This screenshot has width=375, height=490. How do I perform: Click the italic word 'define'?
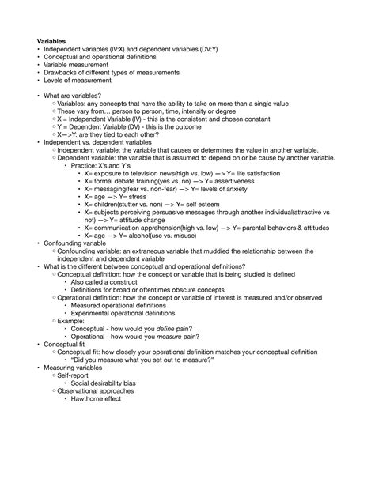(166, 328)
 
